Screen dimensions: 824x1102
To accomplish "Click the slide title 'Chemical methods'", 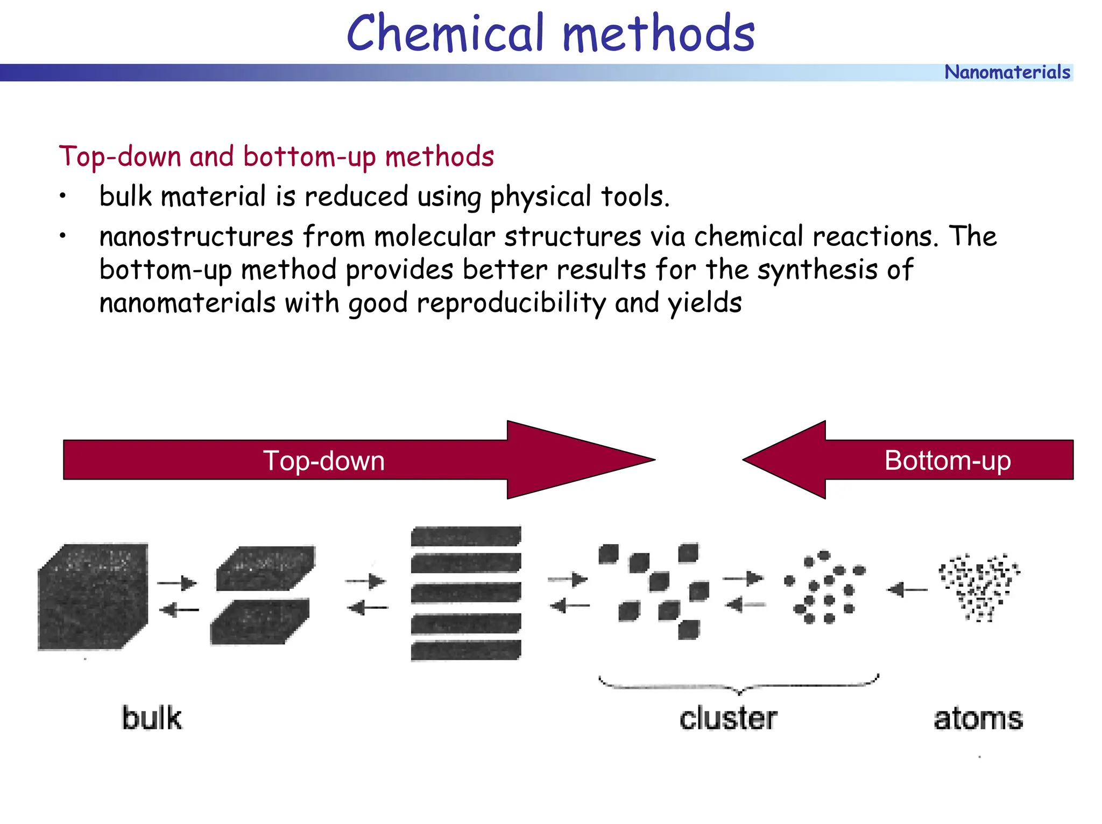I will [550, 33].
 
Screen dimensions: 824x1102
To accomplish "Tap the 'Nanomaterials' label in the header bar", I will [1007, 72].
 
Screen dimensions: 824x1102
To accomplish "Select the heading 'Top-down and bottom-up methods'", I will [276, 157].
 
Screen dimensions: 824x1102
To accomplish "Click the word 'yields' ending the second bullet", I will [705, 303].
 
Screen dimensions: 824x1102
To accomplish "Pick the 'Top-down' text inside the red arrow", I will [324, 461].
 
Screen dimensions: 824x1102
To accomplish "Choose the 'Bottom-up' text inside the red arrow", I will [947, 461].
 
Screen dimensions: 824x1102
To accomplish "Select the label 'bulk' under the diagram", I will [152, 719].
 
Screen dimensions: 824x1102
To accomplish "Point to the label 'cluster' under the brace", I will [728, 719].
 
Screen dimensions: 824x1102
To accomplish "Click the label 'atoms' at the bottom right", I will [978, 719].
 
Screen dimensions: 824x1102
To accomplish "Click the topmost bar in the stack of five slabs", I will [466, 537].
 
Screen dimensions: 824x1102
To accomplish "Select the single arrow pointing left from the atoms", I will [908, 590].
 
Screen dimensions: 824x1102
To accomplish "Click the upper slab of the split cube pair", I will [266, 568].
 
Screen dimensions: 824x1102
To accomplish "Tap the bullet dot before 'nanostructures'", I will [63, 236].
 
